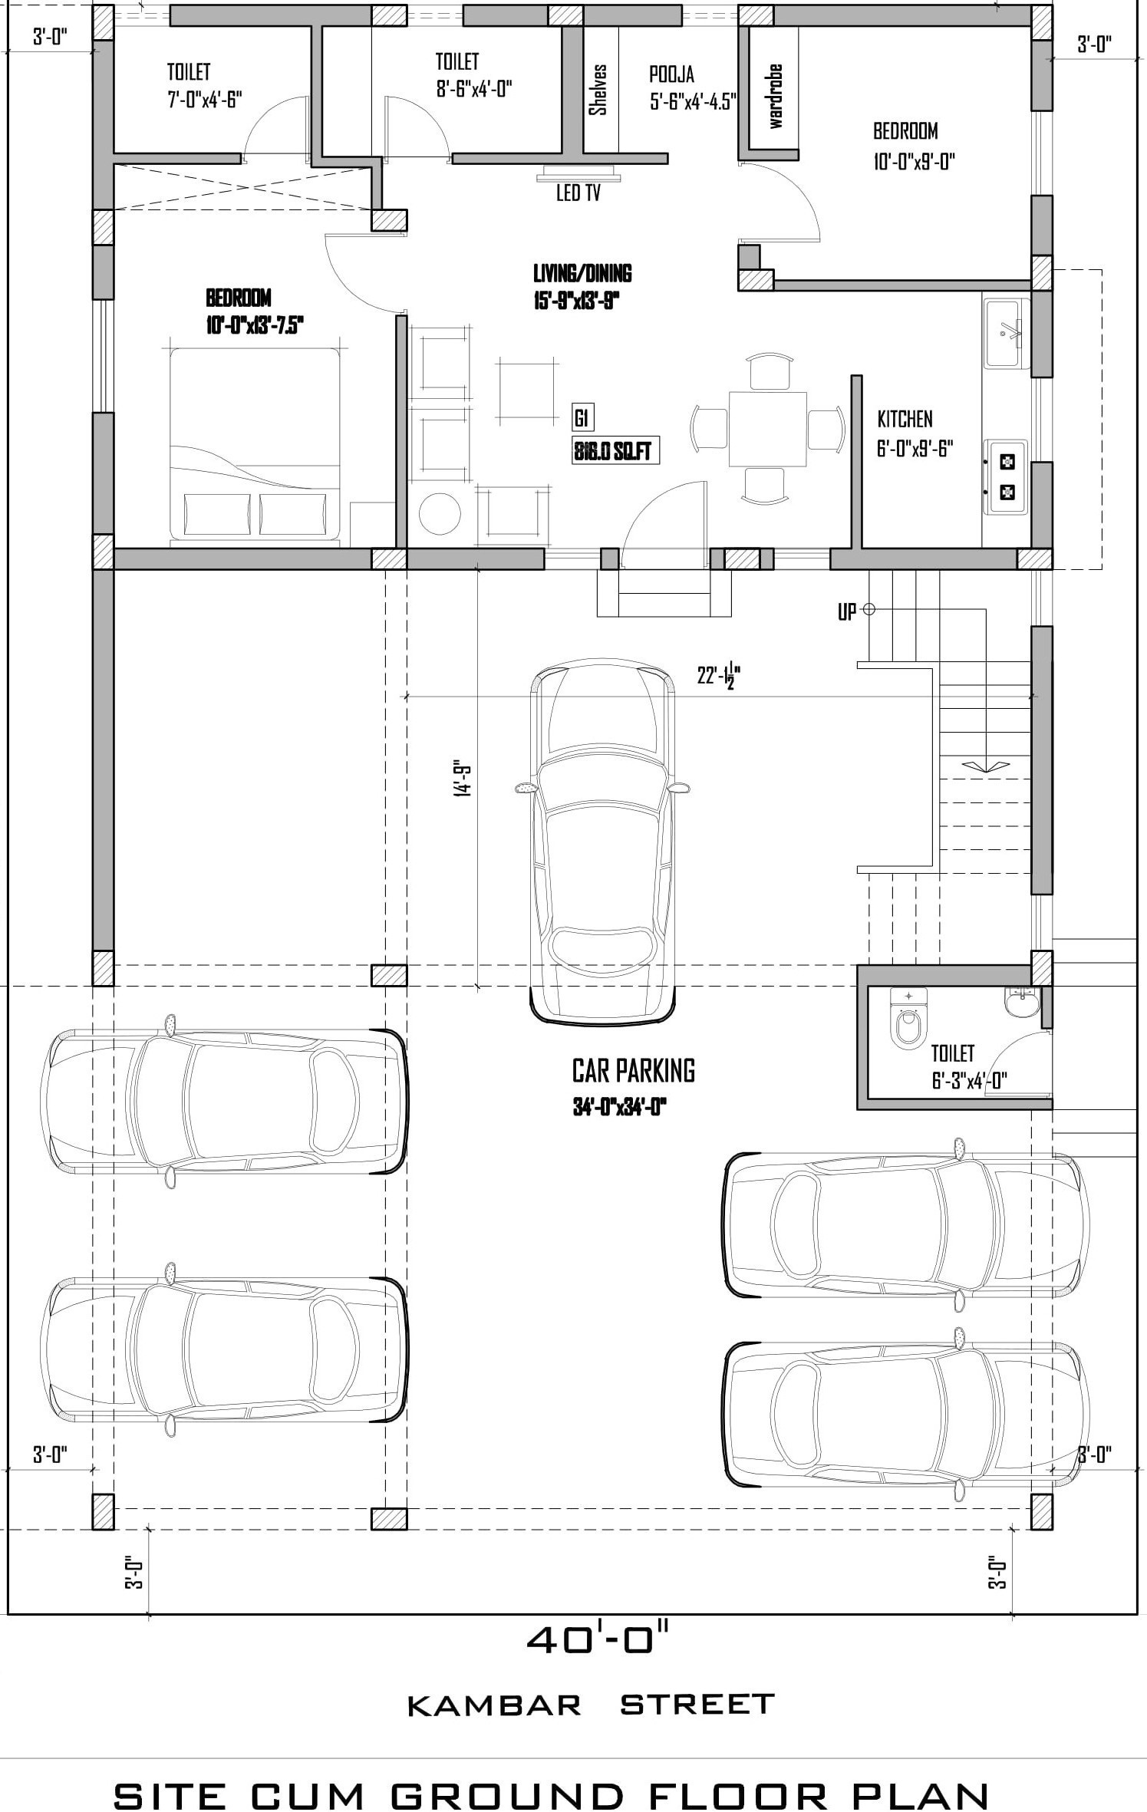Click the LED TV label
(578, 193)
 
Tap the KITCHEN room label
(905, 419)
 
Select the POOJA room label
(672, 74)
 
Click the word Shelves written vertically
(598, 89)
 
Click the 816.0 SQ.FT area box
(616, 451)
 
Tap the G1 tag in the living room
(582, 418)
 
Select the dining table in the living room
(767, 429)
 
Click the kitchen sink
(1004, 334)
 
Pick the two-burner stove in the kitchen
(1007, 476)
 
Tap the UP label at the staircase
(847, 613)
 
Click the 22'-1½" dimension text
(718, 676)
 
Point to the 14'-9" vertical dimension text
(463, 779)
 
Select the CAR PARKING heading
(634, 1071)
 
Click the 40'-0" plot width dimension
(598, 1640)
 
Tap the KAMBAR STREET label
(591, 1705)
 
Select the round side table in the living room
(440, 513)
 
